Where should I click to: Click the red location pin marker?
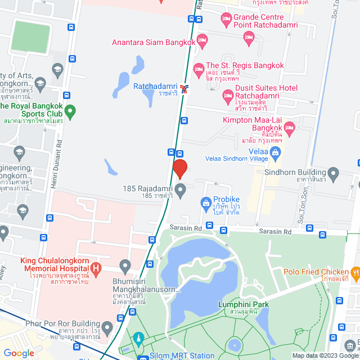pos(180,169)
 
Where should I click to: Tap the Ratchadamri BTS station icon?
pos(185,88)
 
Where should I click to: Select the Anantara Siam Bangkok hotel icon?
pos(202,41)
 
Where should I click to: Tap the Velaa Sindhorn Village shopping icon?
pos(275,151)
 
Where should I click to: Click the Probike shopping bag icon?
pos(206,201)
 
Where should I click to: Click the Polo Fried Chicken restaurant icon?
pos(355,273)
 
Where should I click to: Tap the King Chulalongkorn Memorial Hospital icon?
pos(96,268)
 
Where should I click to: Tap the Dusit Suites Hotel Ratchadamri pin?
pos(228,97)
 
